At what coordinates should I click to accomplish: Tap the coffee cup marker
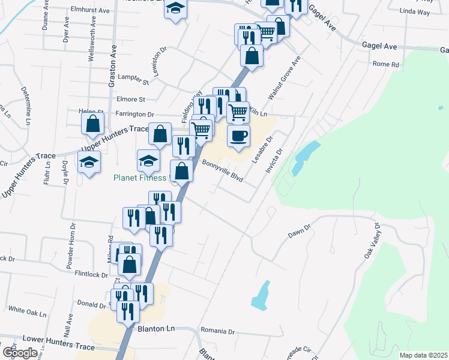point(238,136)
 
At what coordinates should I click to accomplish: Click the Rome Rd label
point(386,64)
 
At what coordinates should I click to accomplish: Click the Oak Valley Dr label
point(372,242)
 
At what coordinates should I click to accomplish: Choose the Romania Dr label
point(218,331)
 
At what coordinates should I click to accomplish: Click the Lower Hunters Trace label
point(58,347)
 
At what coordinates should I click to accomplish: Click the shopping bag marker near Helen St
point(92,124)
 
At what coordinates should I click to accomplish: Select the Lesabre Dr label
point(261,146)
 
